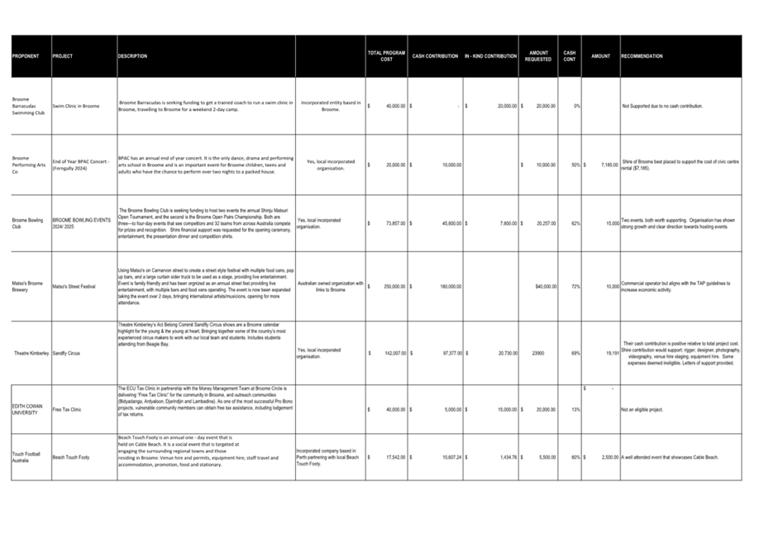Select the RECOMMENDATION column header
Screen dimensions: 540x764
(642, 56)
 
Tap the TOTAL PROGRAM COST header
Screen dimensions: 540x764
(386, 56)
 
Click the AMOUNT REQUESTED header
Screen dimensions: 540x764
(538, 56)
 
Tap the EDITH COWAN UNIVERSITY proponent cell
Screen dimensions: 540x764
(31, 409)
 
